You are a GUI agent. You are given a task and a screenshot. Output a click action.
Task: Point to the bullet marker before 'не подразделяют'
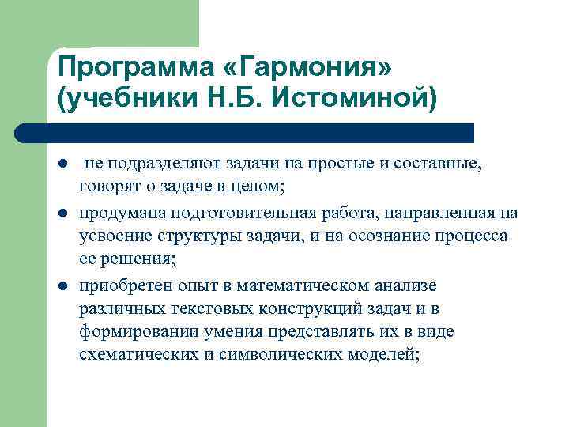click(62, 164)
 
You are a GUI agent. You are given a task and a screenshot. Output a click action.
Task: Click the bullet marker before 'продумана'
click(62, 213)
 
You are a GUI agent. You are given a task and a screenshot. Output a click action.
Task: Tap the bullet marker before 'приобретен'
click(62, 285)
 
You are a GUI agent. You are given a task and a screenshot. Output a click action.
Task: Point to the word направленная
click(447, 213)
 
